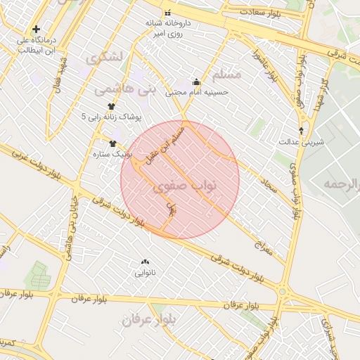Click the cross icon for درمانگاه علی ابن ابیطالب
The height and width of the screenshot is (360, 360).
click(x=36, y=30)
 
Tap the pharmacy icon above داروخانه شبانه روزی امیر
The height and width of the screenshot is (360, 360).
click(x=167, y=13)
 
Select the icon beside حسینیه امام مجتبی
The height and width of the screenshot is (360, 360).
click(x=195, y=81)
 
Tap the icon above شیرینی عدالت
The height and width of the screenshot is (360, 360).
click(x=302, y=131)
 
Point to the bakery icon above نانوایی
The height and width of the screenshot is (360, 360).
click(x=146, y=261)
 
